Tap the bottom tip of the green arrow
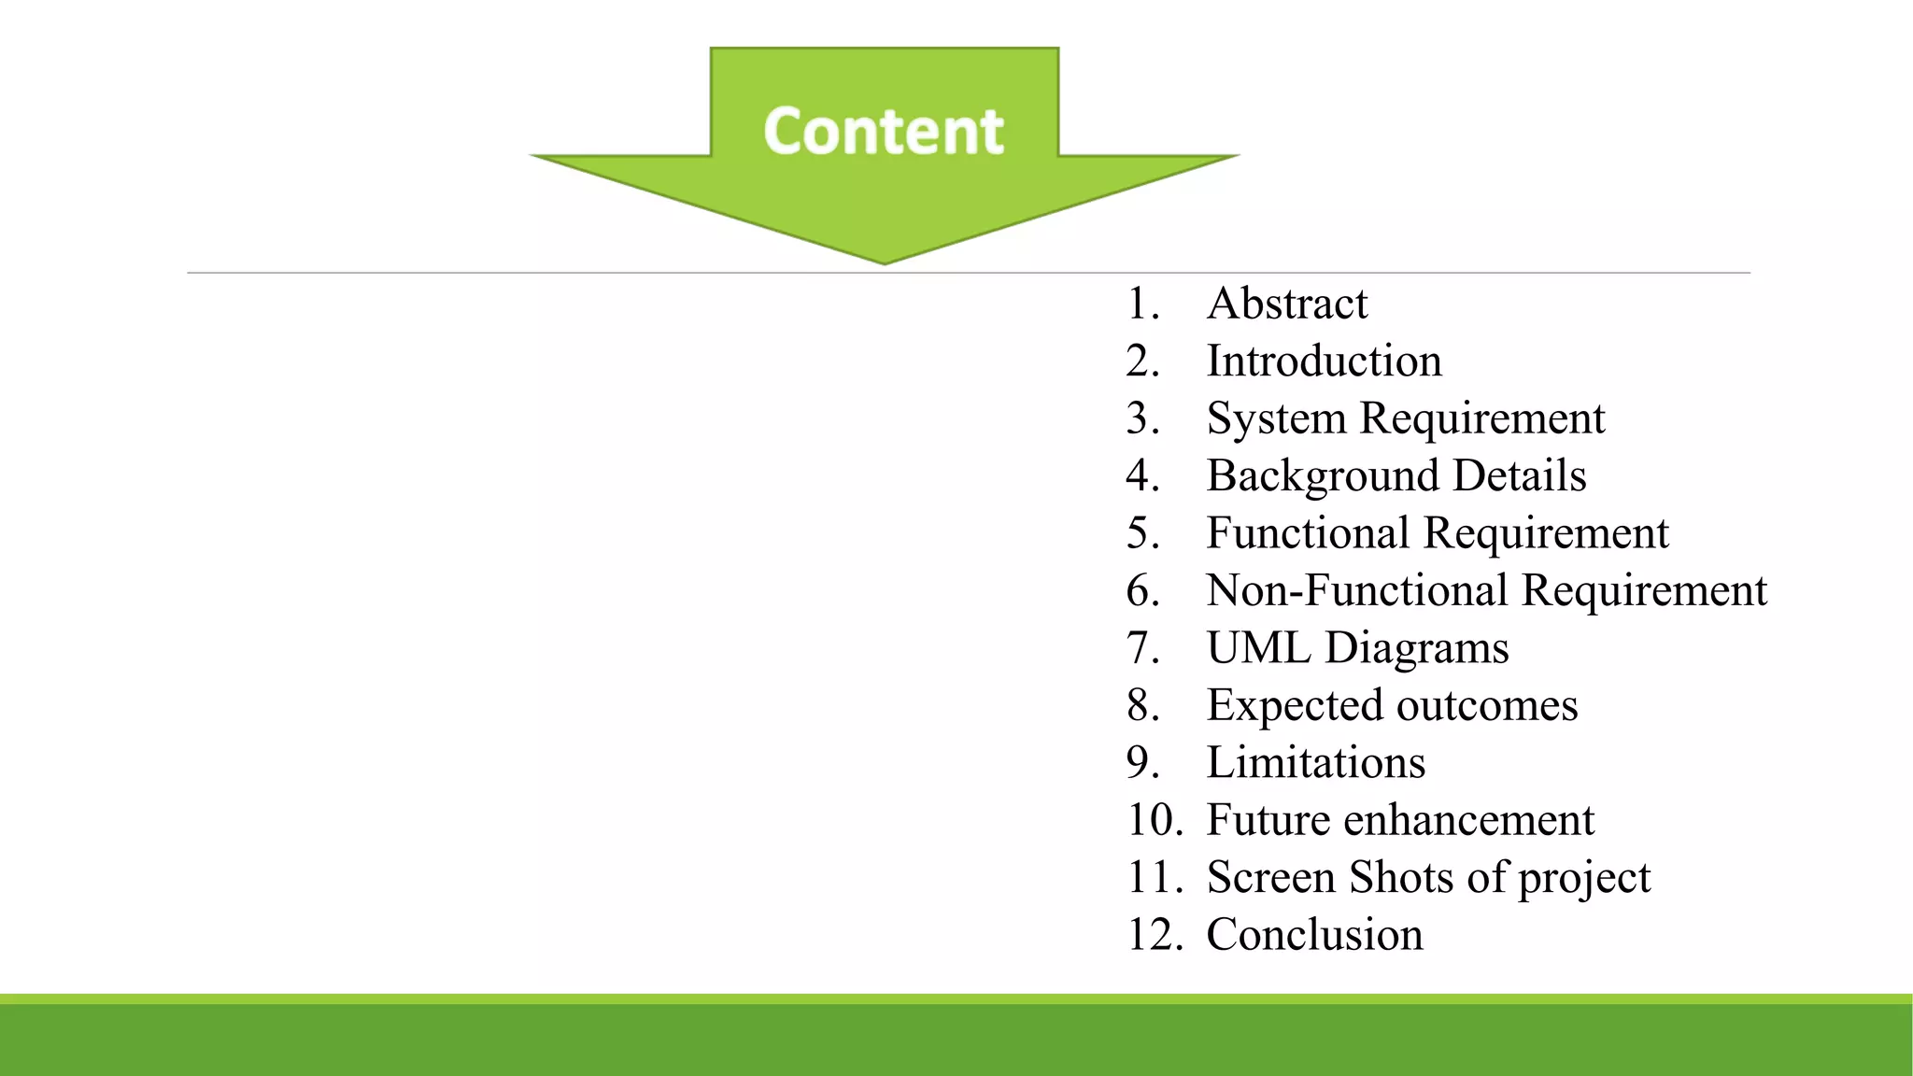(884, 261)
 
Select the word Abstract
(1286, 304)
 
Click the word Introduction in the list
(1324, 361)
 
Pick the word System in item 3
(1275, 418)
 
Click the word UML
(1257, 648)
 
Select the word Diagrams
(1416, 649)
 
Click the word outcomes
(1486, 706)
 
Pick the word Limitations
(1315, 763)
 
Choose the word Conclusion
(1314, 935)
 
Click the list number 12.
(1155, 935)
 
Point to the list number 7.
(1142, 648)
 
